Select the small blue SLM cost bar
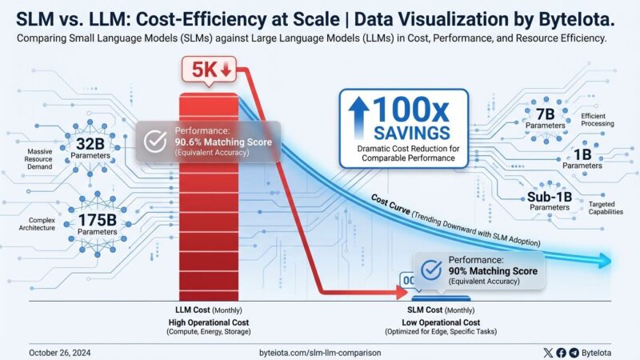click(436, 297)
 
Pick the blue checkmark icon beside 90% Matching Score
click(432, 270)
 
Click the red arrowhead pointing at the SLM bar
click(396, 293)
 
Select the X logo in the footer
click(547, 352)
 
